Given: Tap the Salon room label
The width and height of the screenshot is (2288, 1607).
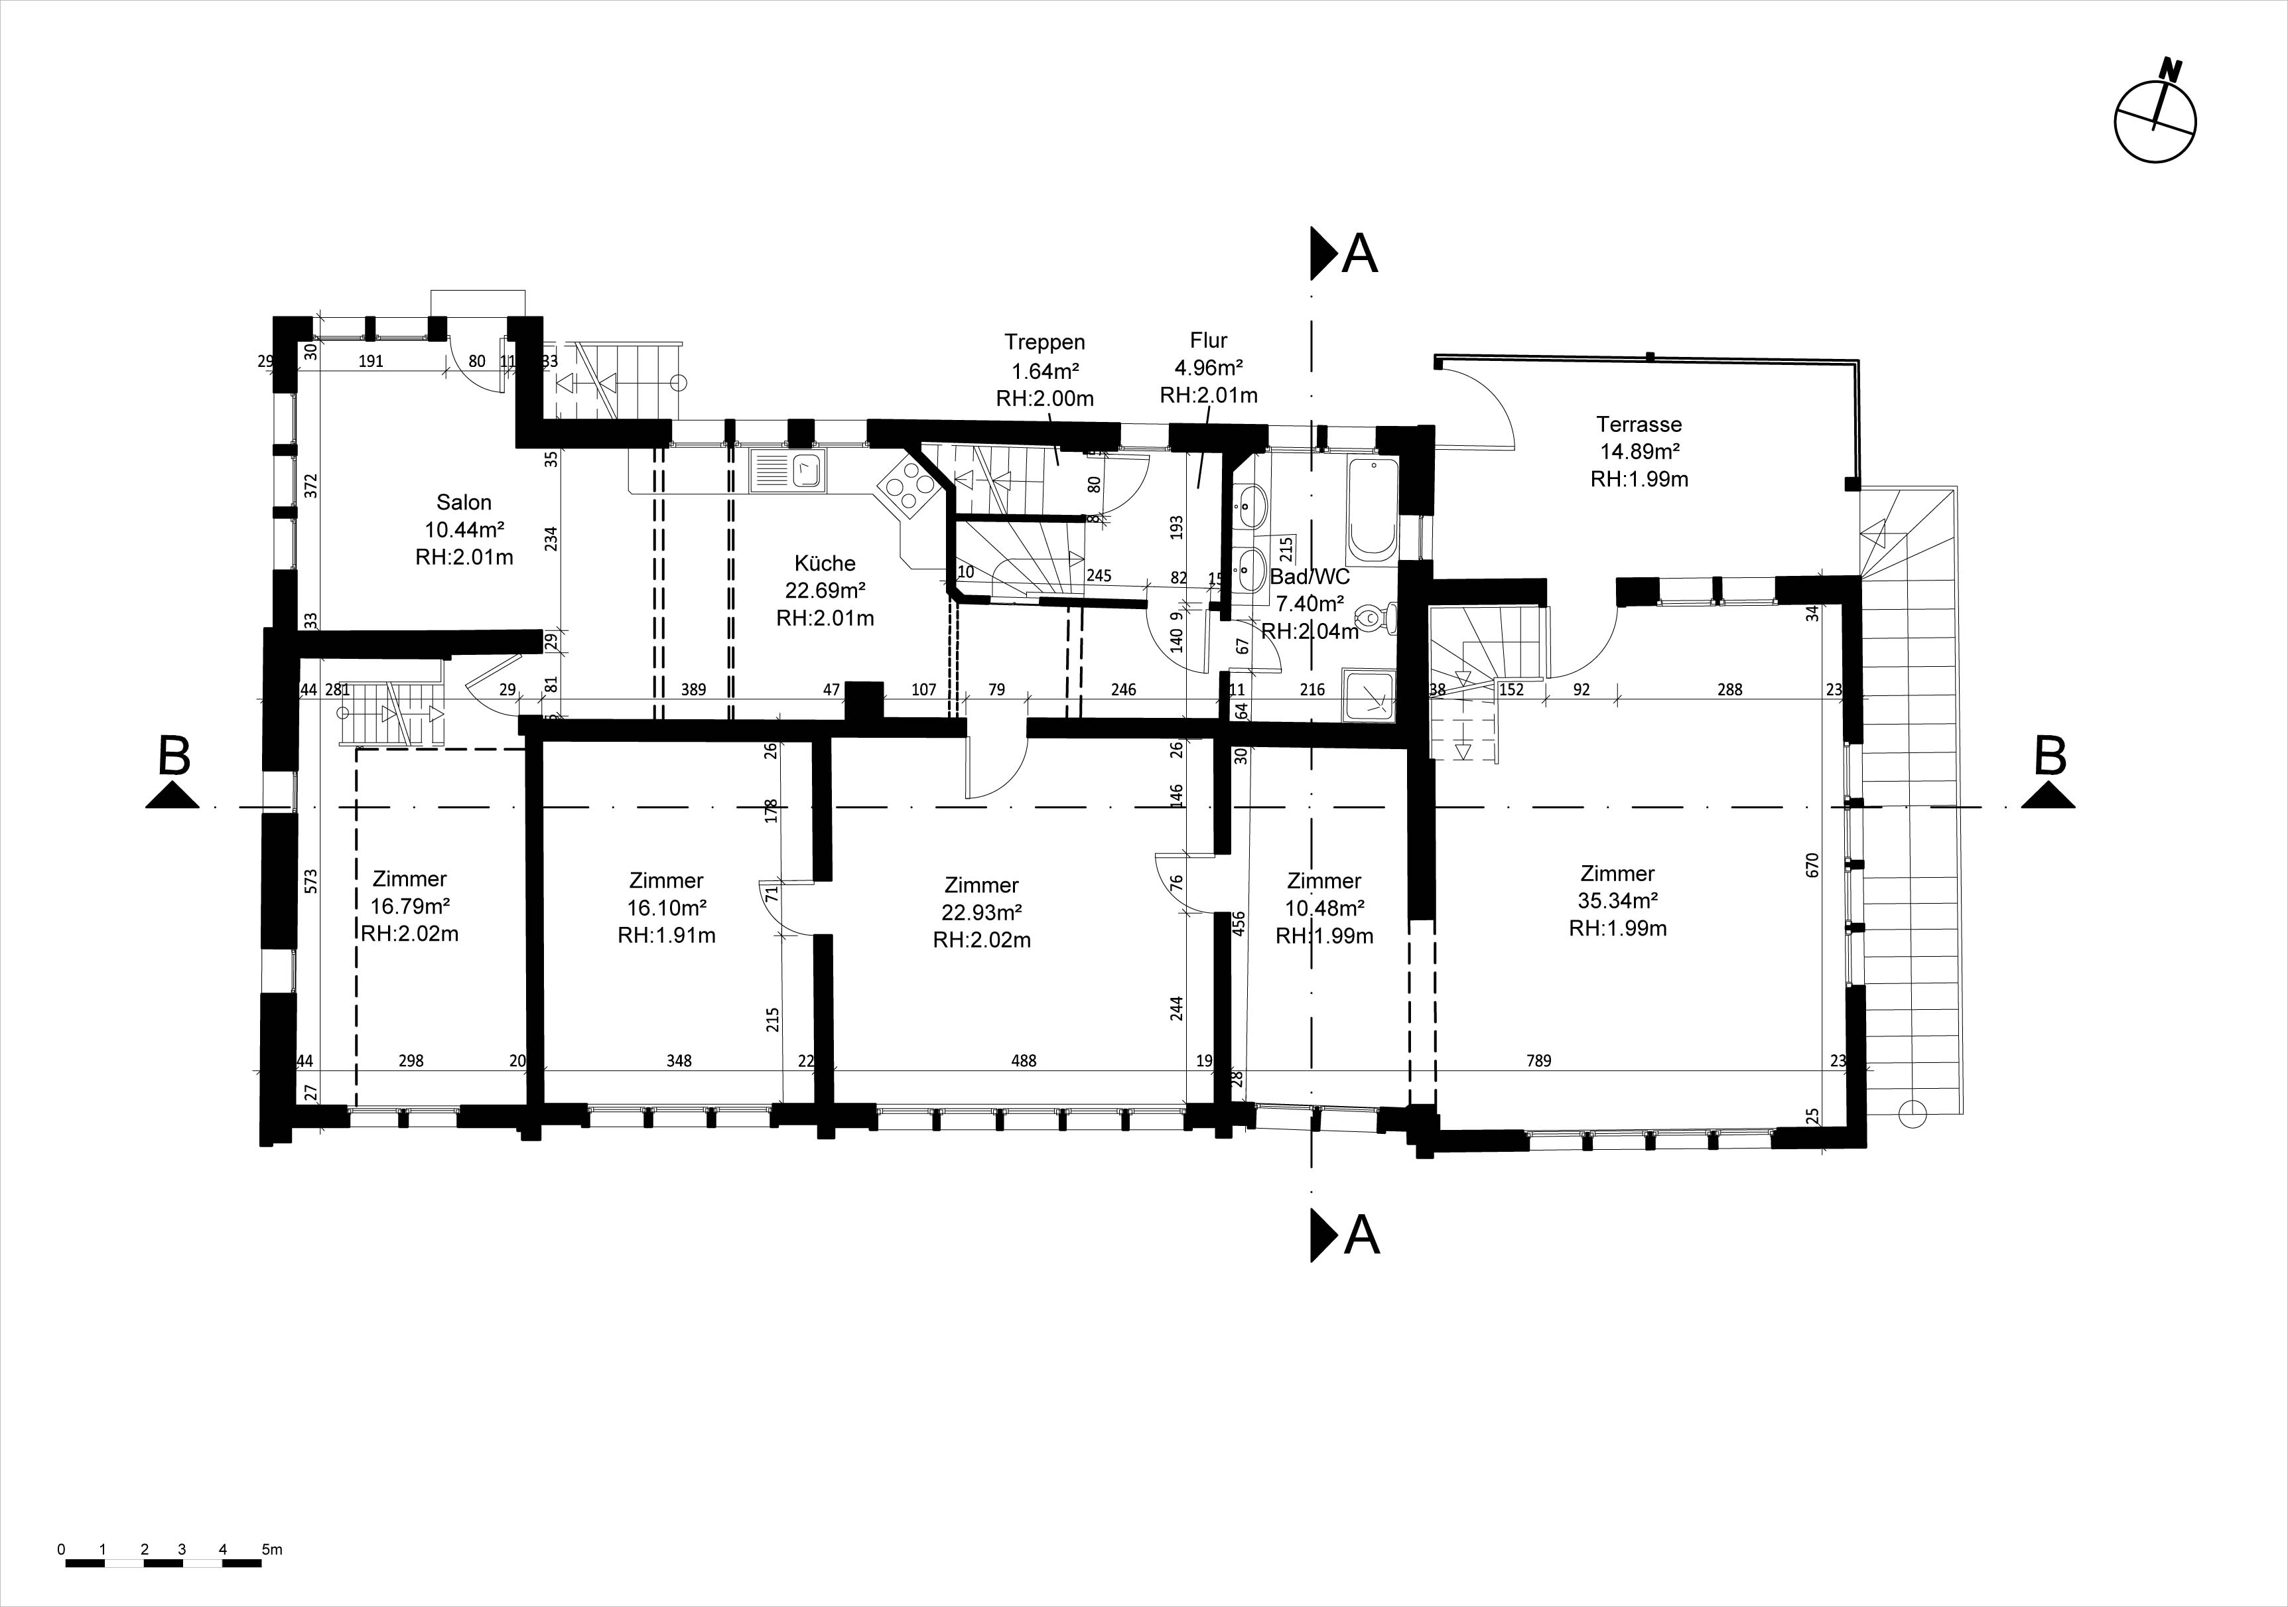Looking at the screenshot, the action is point(464,502).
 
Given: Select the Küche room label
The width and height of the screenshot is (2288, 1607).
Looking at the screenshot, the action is point(825,563).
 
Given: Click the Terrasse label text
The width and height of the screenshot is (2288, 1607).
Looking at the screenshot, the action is point(1639,424).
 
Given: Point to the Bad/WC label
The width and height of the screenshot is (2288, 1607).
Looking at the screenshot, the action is point(1310,577).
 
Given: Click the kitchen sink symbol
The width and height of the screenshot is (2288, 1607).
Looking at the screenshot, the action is point(787,472).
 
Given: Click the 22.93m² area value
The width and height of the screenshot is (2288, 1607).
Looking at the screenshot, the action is point(982,912).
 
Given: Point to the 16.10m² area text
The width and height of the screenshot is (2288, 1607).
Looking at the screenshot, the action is point(667,908).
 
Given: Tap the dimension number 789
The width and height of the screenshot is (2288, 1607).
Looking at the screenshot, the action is point(1538,1061).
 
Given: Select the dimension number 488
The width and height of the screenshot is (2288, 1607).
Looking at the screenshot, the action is point(1024,1061).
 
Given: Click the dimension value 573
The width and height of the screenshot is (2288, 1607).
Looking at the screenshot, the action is point(311,881).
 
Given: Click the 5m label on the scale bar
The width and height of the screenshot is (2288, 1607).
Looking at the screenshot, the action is point(272,1549).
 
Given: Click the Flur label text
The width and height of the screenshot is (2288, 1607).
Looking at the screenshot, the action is point(1208,340).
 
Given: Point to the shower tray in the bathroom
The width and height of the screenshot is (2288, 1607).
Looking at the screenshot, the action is point(1369,694).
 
